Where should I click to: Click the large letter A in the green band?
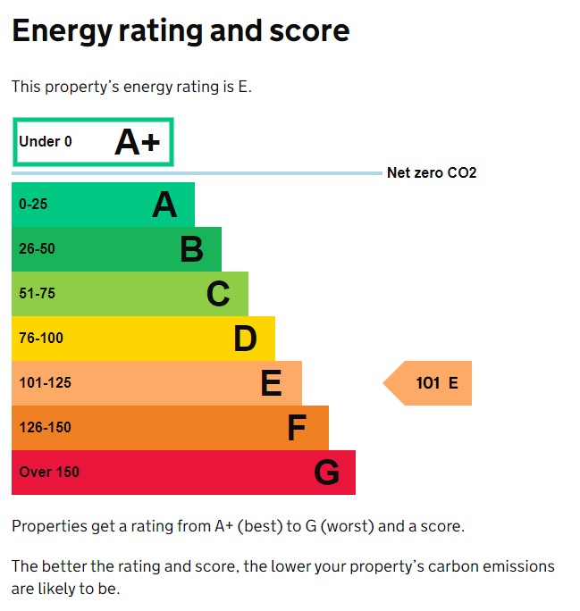164,205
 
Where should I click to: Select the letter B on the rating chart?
191,249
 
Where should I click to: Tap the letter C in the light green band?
218,294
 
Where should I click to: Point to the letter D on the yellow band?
245,339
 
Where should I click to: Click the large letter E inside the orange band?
271,383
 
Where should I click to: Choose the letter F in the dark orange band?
297,429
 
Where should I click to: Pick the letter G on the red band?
326,473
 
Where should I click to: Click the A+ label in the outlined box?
137,143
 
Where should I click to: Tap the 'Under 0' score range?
46,141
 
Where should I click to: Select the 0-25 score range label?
33,205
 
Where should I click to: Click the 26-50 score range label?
37,249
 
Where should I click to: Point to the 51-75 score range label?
37,294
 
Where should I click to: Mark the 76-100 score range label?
41,339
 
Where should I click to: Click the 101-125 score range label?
45,383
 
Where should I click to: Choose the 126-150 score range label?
45,428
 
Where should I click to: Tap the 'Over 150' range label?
49,473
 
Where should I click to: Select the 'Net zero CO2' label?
432,173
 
